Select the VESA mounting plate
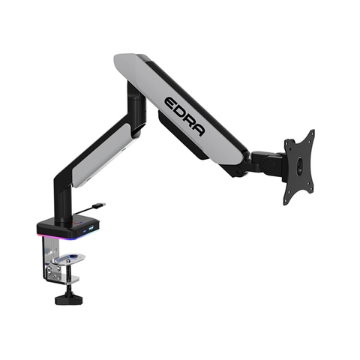(298, 166)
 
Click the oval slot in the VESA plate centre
(299, 166)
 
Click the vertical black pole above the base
(61, 199)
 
